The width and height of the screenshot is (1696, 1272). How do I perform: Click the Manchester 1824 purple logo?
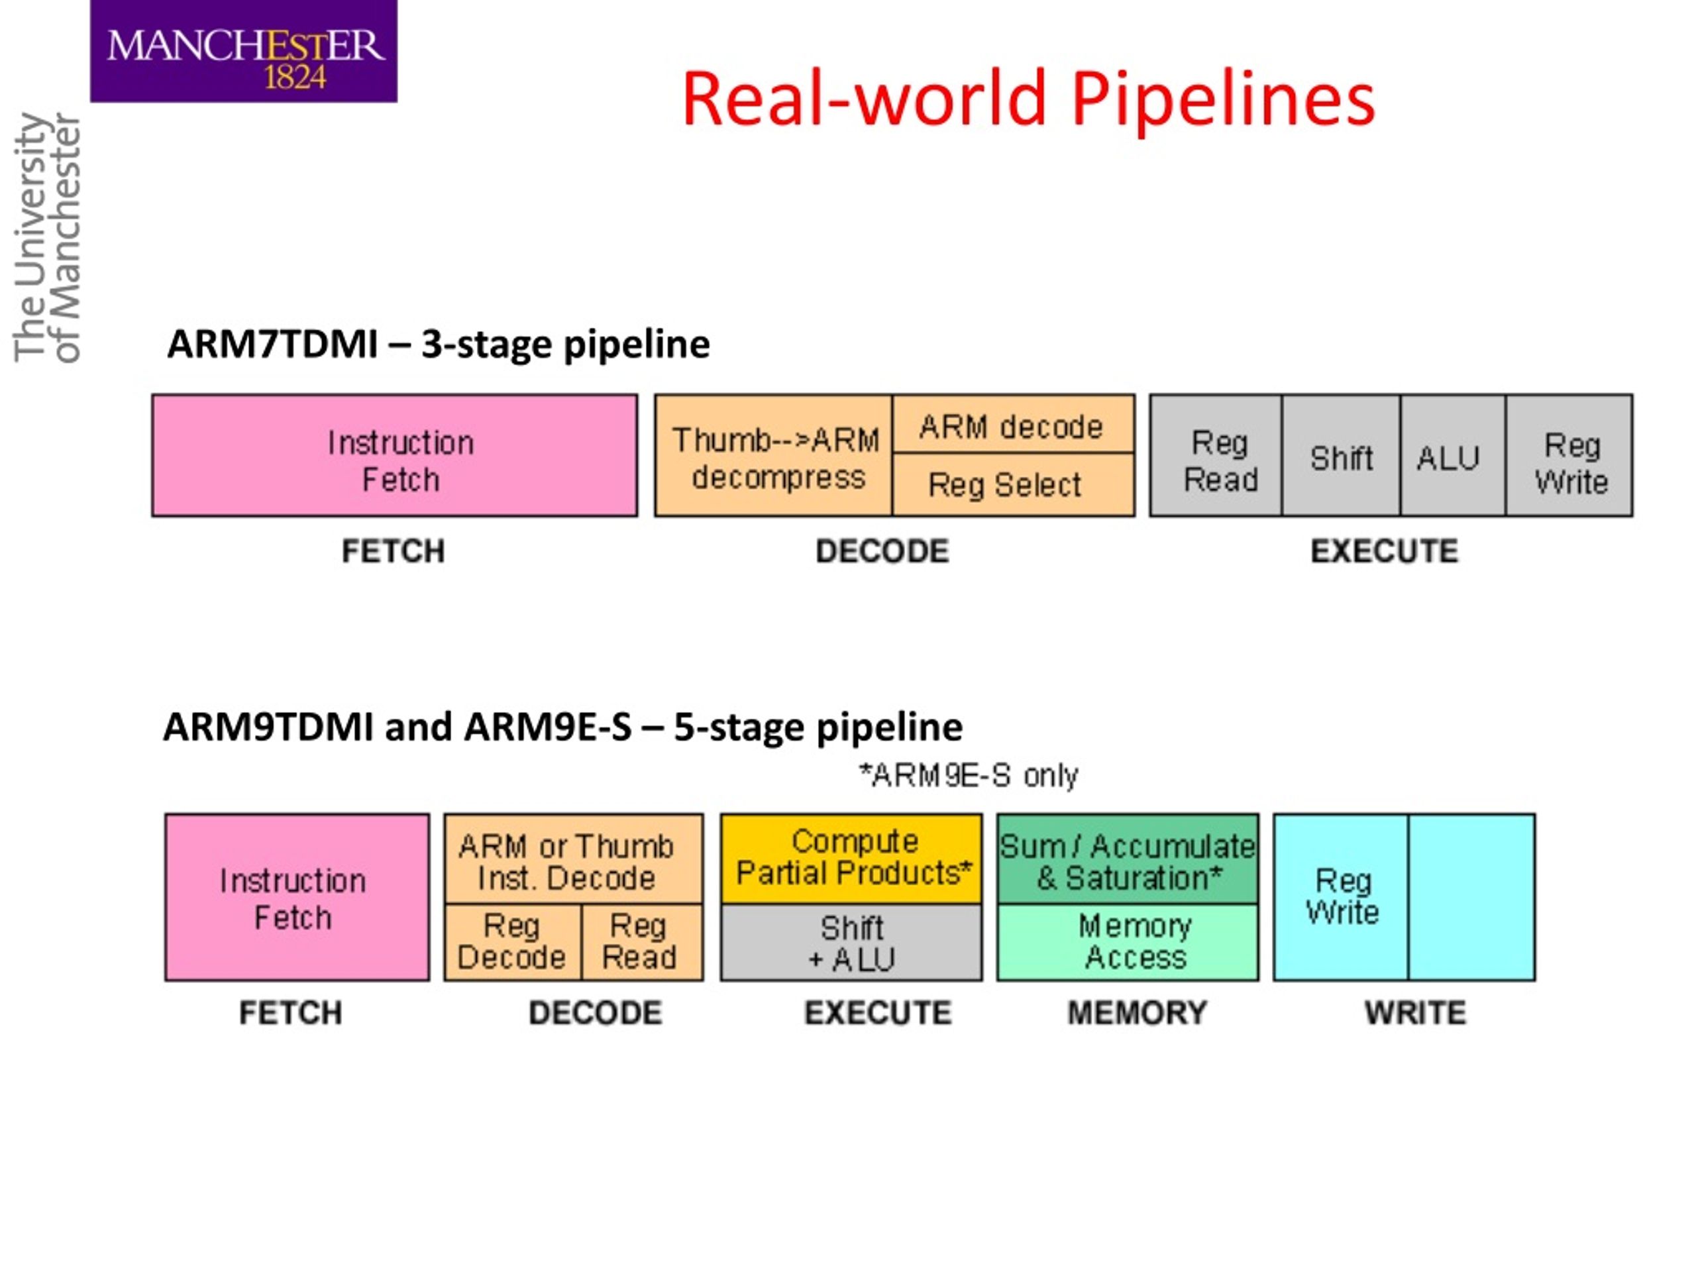[244, 52]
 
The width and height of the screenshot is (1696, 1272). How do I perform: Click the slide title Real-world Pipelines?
[1028, 99]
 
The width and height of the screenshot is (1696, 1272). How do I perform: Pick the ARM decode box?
[1014, 424]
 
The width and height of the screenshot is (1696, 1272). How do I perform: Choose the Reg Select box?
[1014, 484]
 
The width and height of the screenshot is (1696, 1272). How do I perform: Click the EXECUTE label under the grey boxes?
[1385, 551]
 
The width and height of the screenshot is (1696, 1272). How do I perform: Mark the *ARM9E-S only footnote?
[969, 775]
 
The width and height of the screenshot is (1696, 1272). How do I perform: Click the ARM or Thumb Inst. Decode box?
[574, 859]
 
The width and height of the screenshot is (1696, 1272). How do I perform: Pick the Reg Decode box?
[513, 942]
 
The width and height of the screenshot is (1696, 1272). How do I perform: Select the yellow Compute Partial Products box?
[851, 859]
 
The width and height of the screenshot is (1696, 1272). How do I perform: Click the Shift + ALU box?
[851, 942]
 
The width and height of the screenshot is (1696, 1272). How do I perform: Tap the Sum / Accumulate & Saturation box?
[1128, 859]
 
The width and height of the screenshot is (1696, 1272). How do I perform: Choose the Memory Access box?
[1128, 942]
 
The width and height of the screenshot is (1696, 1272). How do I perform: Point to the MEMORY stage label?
[1137, 1013]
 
